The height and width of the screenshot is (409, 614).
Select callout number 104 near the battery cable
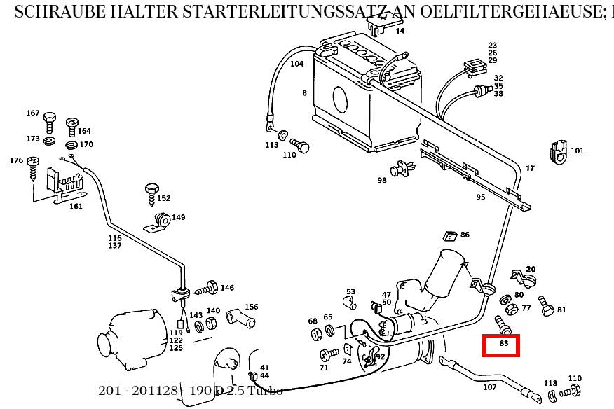tap(296, 64)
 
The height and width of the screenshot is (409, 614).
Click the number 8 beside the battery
tap(304, 92)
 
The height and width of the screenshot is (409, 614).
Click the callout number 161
tap(75, 206)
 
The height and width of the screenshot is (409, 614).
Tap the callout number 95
tap(480, 197)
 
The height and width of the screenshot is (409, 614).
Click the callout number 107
tap(489, 387)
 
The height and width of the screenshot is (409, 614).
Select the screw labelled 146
tap(207, 288)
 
